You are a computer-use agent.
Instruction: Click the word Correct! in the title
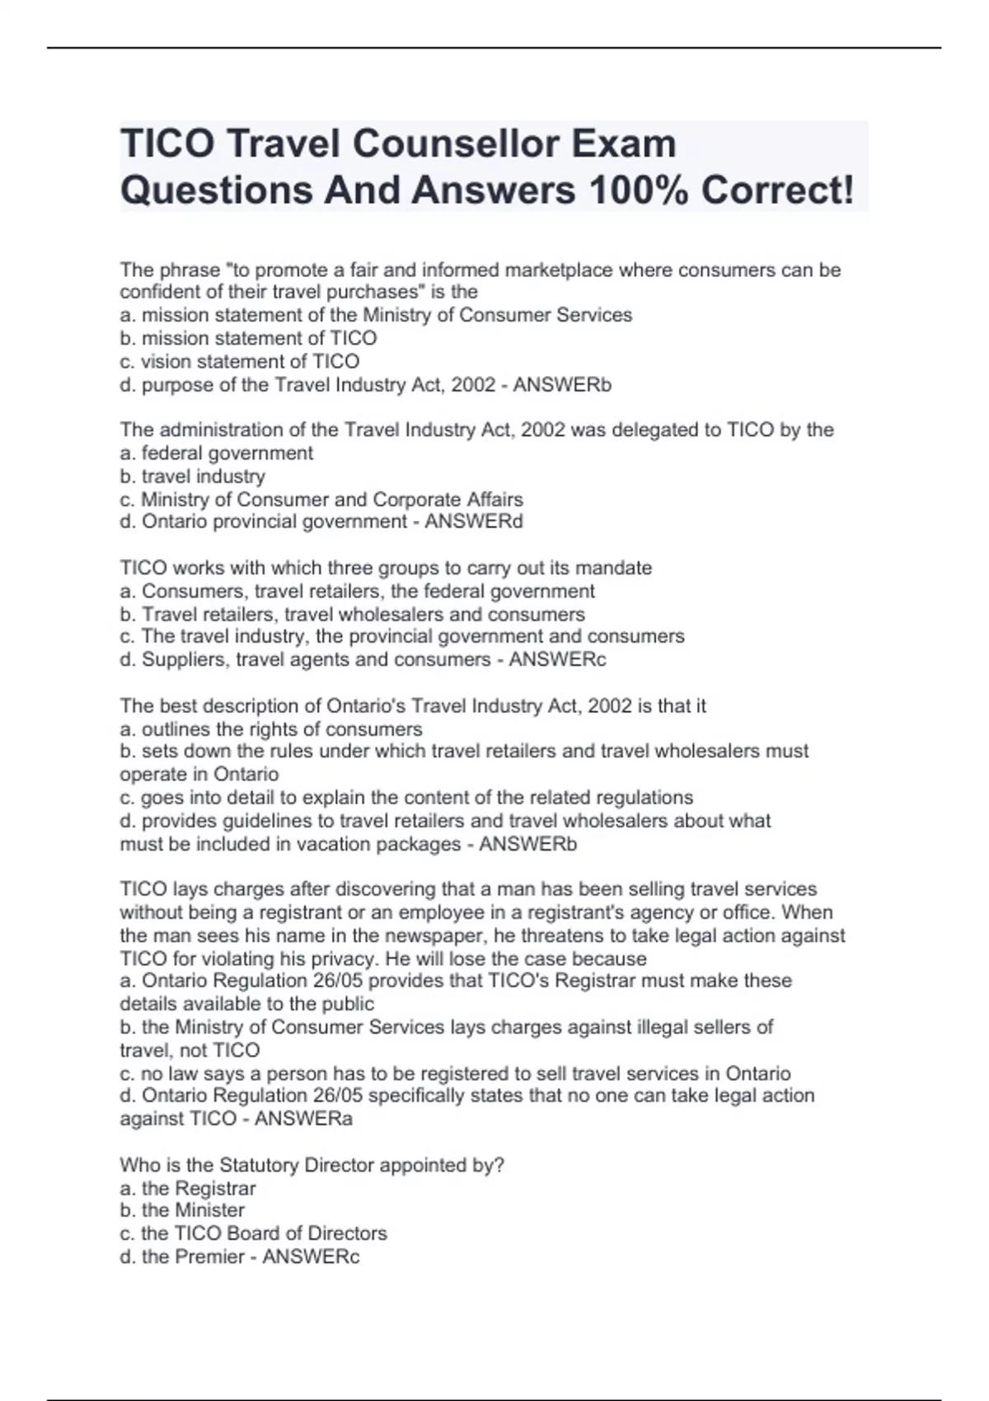[777, 190]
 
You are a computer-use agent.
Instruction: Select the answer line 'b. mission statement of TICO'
[248, 338]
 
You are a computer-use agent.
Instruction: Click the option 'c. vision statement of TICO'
[239, 361]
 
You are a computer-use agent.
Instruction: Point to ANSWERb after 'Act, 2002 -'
[562, 385]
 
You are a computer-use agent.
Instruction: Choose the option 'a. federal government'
[216, 452]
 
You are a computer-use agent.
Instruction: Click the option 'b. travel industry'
[192, 476]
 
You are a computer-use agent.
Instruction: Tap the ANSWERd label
[474, 522]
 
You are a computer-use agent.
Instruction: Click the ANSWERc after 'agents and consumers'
[557, 659]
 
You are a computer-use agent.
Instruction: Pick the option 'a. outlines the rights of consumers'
[270, 729]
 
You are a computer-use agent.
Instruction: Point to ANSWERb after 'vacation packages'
[527, 844]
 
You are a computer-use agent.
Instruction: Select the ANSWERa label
[303, 1118]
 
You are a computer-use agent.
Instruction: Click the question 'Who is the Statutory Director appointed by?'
[312, 1164]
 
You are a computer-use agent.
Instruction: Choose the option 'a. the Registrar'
[187, 1188]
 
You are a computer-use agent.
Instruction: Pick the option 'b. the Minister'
[181, 1210]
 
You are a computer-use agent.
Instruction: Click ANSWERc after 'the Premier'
[311, 1257]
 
